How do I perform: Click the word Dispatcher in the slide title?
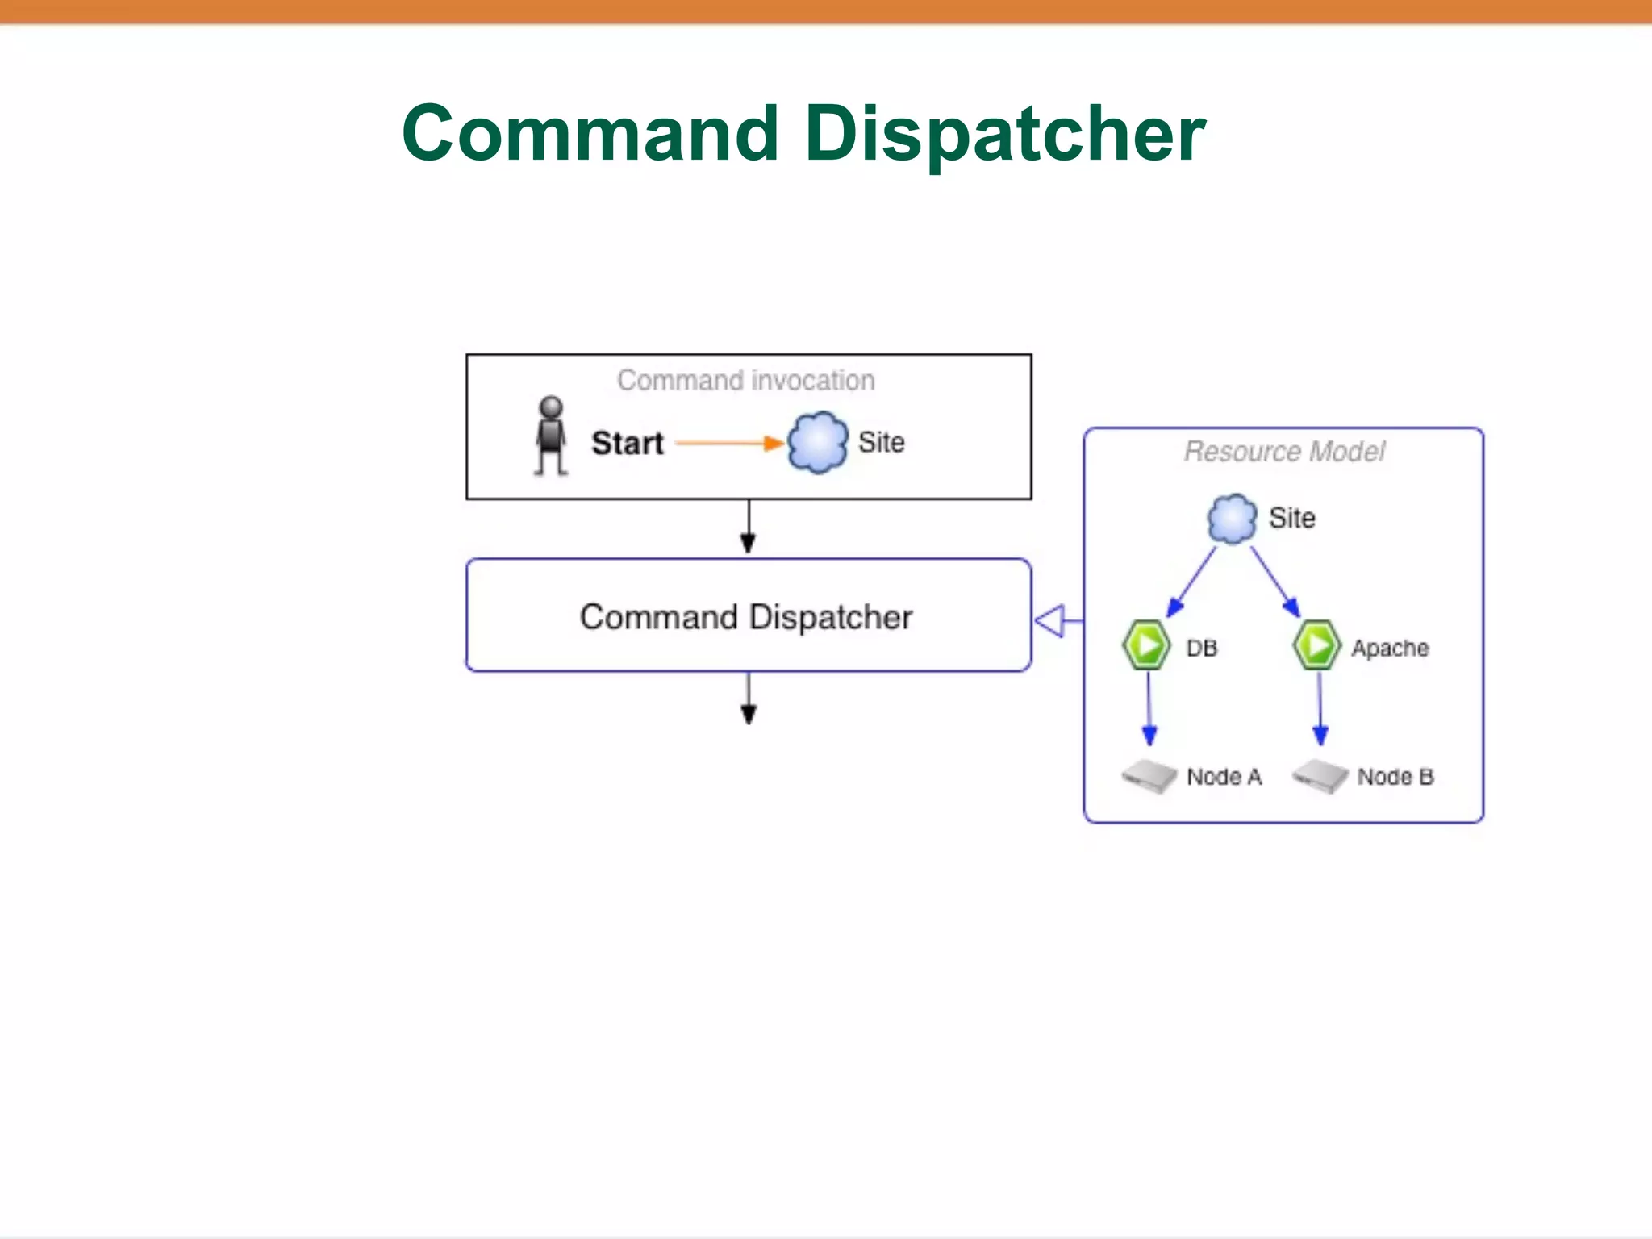point(1004,135)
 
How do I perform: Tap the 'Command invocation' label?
point(746,380)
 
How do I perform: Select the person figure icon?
point(552,435)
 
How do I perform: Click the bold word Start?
point(628,443)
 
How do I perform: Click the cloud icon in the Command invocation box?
point(817,442)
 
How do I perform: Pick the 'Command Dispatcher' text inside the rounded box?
point(746,617)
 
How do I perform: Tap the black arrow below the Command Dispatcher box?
point(749,699)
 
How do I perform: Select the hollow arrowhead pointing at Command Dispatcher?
point(1051,621)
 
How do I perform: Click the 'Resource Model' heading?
point(1284,452)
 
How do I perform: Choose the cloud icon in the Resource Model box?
point(1232,519)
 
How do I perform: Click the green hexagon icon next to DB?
point(1146,645)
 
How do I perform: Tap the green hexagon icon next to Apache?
point(1317,645)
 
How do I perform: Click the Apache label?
point(1390,649)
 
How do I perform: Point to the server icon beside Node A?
point(1149,776)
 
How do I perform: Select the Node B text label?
point(1395,777)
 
